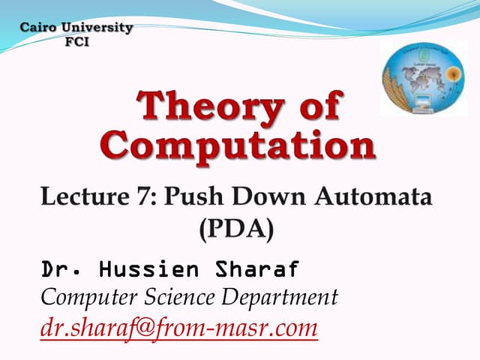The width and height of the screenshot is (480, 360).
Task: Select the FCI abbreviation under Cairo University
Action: (x=76, y=41)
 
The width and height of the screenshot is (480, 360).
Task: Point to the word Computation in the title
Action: (x=237, y=145)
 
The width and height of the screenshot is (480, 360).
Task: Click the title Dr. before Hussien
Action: (x=59, y=268)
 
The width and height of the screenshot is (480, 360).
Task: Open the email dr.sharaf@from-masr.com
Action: (x=178, y=328)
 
